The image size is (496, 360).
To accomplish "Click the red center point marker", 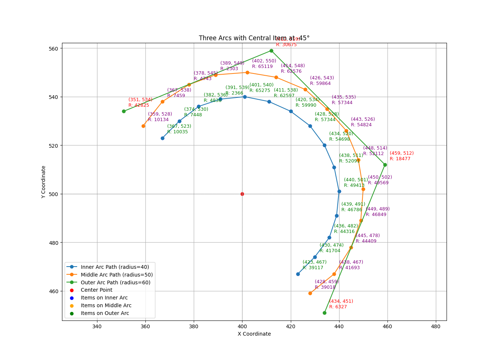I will (x=242, y=194).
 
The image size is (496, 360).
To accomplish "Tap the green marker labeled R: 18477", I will (x=385, y=165).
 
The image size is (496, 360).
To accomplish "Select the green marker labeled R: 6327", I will (x=324, y=313).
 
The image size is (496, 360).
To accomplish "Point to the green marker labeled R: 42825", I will (x=124, y=111).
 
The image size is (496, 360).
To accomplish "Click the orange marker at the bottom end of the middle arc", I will (x=310, y=293).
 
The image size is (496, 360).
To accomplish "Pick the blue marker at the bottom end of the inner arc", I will (x=298, y=274).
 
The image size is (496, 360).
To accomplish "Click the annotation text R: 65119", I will (x=262, y=67).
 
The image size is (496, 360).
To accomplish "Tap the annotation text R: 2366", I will (x=234, y=93).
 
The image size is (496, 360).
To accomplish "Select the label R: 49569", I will (x=378, y=183).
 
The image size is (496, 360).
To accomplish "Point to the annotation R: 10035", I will (x=177, y=132).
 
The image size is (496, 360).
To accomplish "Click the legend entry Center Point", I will (x=96, y=290).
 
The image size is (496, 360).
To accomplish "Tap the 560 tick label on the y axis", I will (x=54, y=49).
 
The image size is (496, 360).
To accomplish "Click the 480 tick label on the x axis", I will (x=436, y=326).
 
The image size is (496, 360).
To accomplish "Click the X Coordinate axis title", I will (x=254, y=334).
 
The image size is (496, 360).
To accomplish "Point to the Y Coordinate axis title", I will (x=44, y=182).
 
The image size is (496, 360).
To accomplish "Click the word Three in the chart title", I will (x=207, y=38).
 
